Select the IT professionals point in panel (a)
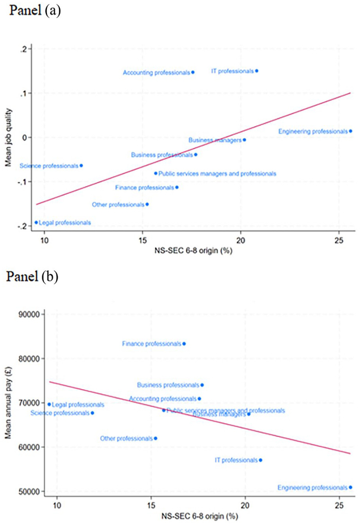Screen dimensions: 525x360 257,71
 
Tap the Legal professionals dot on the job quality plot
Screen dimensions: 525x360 36,223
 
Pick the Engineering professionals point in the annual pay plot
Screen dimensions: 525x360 350,487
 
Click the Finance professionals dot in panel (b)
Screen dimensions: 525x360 184,344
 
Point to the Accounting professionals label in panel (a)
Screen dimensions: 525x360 156,72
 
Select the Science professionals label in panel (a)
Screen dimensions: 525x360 48,166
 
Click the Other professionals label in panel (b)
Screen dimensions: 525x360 126,438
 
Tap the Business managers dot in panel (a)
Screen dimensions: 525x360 245,140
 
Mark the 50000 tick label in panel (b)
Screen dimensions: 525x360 33,491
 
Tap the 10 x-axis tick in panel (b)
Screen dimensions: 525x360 57,502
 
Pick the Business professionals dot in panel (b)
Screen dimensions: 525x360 202,385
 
